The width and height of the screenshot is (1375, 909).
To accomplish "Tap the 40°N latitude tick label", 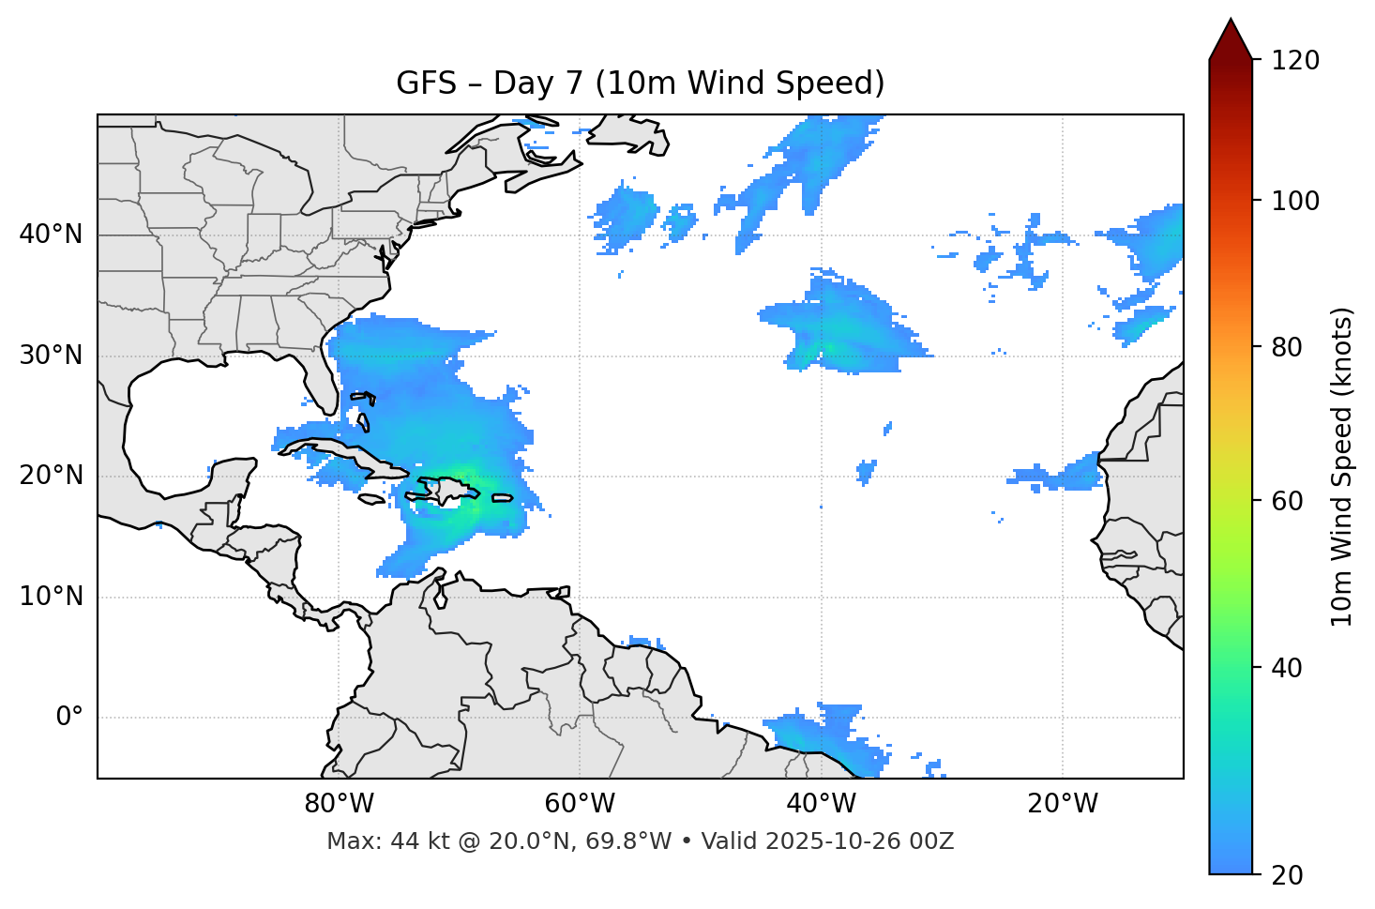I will [x=51, y=235].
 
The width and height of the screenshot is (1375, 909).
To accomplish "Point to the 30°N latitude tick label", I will [x=51, y=356].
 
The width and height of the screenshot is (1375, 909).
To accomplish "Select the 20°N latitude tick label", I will [x=51, y=476].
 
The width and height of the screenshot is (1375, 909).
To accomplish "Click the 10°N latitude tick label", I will [x=51, y=597].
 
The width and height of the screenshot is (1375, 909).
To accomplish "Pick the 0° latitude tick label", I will [x=69, y=718].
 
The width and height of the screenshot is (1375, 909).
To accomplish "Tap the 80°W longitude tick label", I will [x=339, y=804].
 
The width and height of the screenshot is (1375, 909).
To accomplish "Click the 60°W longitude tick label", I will [x=580, y=804].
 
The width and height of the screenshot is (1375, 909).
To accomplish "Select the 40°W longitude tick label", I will [x=821, y=804].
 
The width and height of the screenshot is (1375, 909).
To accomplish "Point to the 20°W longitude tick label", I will [x=1062, y=804].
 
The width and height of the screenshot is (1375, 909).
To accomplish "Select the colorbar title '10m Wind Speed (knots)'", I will [x=1342, y=466].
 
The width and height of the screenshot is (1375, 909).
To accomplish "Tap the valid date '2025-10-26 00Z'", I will [x=859, y=841].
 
